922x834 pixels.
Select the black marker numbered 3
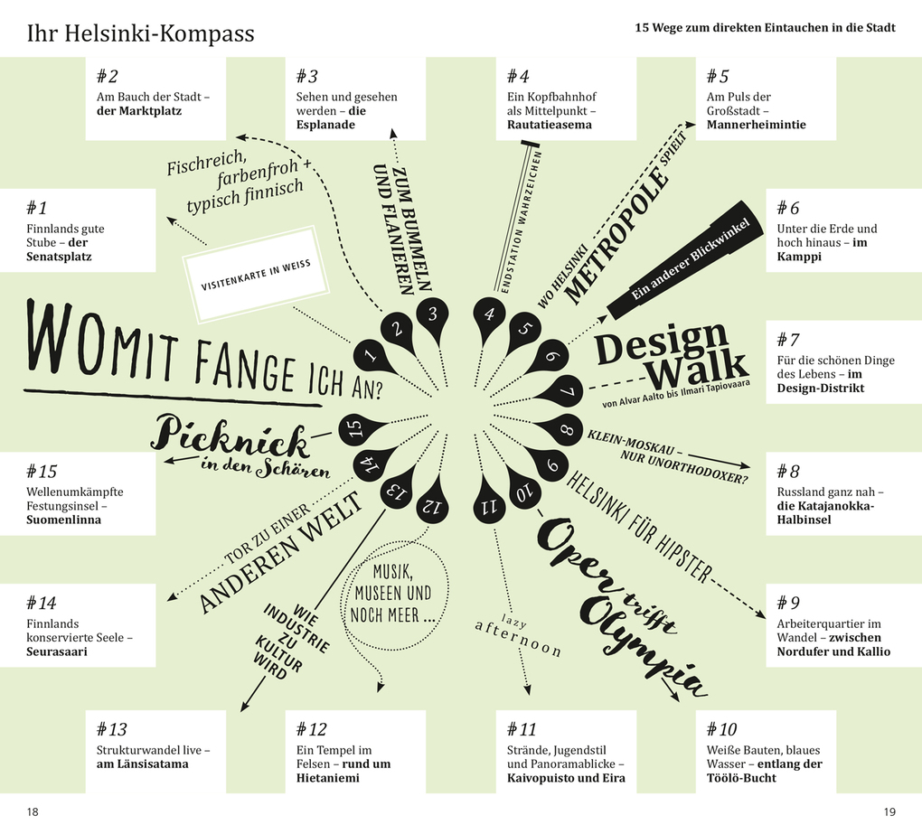[x=433, y=318]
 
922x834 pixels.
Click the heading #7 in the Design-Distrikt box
[x=788, y=340]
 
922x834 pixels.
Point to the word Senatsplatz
[x=59, y=257]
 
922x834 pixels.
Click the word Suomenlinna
[x=63, y=520]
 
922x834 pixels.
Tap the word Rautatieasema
[x=550, y=125]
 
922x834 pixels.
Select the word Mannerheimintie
[x=757, y=125]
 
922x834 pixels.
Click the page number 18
[x=33, y=811]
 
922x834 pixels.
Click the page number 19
[x=889, y=811]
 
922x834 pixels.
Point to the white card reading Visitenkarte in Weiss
[x=256, y=274]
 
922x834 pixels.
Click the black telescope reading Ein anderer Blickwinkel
[x=685, y=260]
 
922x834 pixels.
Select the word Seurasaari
[x=56, y=651]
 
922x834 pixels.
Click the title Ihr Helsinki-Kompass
[x=140, y=33]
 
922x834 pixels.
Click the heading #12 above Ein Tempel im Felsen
[x=311, y=729]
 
